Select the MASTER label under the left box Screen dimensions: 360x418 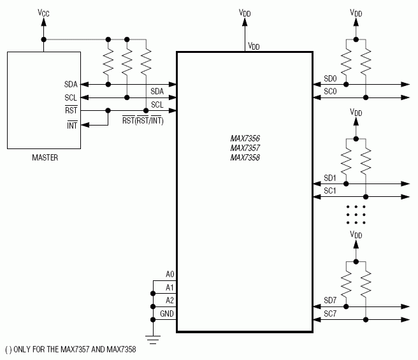(x=45, y=157)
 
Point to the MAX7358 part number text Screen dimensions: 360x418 (x=245, y=157)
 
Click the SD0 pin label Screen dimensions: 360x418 (x=330, y=79)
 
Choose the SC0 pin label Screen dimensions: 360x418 (x=330, y=92)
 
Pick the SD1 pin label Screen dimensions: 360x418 (x=330, y=178)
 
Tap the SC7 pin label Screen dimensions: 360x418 (x=330, y=313)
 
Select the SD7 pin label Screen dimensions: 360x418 (x=330, y=301)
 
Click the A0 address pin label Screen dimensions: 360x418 (x=169, y=274)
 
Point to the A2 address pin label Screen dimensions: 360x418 (x=169, y=300)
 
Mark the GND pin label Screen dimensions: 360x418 (x=167, y=313)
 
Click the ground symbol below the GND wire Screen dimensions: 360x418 (x=153, y=339)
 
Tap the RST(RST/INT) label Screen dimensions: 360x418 (x=143, y=120)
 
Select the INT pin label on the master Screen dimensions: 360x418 (x=71, y=124)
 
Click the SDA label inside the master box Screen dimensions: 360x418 (x=71, y=84)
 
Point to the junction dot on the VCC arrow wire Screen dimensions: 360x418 (x=43, y=39)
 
